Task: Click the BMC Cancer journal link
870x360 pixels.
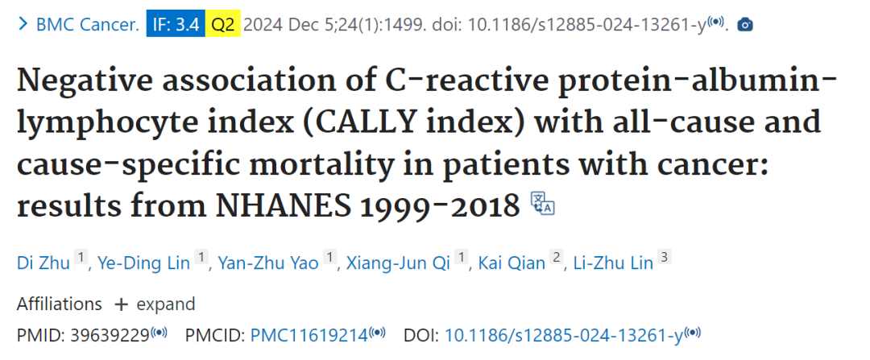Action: [x=88, y=25]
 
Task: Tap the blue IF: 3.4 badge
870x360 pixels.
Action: [x=176, y=25]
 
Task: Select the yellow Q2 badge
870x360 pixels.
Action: [x=223, y=25]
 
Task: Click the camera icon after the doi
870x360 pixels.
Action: [x=745, y=24]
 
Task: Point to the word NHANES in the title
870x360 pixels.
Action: [x=284, y=206]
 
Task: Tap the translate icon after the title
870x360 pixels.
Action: [x=543, y=203]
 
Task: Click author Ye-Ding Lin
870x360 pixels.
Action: [x=143, y=263]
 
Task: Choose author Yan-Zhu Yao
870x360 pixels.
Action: [x=268, y=263]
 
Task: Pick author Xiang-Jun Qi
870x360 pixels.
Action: [x=398, y=263]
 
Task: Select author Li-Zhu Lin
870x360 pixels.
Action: [x=612, y=263]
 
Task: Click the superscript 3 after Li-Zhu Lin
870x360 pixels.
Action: [x=664, y=257]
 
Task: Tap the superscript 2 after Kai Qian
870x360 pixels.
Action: [x=556, y=257]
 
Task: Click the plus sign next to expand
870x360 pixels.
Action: [x=121, y=304]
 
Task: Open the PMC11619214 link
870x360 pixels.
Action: [x=309, y=335]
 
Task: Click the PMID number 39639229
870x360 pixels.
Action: [x=110, y=335]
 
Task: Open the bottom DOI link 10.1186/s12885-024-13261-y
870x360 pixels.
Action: [x=564, y=335]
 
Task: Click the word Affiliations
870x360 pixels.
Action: [x=60, y=304]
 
